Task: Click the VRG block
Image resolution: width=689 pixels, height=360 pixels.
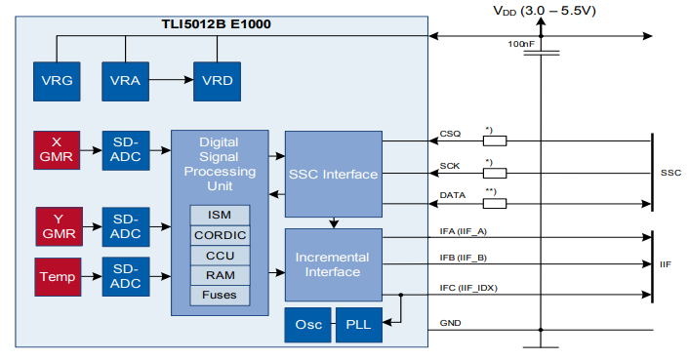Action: (57, 79)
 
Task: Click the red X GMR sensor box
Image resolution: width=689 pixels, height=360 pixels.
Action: (57, 150)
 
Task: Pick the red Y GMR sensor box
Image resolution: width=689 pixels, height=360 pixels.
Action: (57, 226)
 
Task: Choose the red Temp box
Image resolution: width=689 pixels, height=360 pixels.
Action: (57, 277)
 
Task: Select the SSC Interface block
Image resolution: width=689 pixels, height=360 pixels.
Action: (333, 175)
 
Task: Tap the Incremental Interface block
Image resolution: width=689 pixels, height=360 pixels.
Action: (333, 264)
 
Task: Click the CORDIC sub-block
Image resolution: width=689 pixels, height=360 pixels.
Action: (220, 235)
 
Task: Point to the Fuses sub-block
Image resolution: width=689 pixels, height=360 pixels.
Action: (220, 295)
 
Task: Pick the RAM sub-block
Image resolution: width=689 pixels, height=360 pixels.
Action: (220, 275)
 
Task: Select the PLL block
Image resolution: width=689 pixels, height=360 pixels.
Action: (351, 325)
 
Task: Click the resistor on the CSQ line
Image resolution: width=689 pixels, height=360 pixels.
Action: (495, 140)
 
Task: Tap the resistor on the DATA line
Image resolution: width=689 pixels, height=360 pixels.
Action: (495, 203)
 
